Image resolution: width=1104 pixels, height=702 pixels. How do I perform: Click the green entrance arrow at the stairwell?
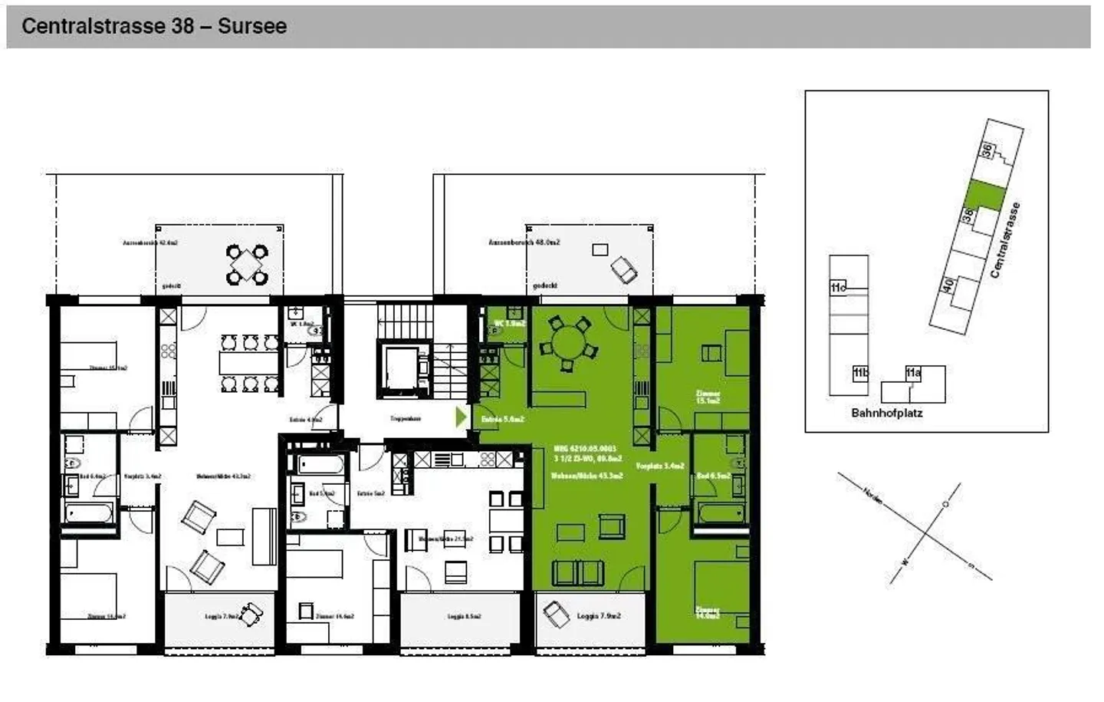[x=461, y=417]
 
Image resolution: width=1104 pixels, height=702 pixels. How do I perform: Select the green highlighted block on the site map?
[x=984, y=195]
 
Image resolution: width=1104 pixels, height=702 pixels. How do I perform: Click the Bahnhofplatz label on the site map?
[x=887, y=413]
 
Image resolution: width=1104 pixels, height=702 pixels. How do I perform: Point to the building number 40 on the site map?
[x=948, y=285]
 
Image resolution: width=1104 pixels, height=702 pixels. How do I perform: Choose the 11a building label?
[x=912, y=374]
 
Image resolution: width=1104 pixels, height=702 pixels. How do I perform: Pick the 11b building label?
[x=860, y=374]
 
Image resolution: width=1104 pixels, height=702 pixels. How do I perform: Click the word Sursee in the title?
[x=251, y=26]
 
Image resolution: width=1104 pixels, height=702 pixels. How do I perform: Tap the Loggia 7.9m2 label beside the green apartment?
[x=598, y=615]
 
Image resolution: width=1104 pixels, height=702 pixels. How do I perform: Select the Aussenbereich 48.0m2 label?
[x=524, y=242]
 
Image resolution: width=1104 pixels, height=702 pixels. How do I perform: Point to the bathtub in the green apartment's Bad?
[x=720, y=512]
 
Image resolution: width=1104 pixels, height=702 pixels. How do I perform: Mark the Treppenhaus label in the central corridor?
[x=406, y=419]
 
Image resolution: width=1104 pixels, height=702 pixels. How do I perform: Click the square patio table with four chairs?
[x=247, y=264]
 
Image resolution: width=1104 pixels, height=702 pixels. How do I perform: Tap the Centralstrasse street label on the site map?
[x=1005, y=240]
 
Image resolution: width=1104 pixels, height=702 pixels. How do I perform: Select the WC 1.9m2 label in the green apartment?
[x=510, y=324]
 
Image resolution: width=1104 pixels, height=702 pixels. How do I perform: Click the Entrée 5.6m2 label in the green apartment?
[x=502, y=420]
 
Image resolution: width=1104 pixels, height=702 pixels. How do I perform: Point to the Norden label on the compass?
[x=872, y=496]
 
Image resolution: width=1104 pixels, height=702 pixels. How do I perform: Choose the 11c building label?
[x=838, y=288]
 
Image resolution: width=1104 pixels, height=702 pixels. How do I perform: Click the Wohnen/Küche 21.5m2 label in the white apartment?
[x=445, y=539]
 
